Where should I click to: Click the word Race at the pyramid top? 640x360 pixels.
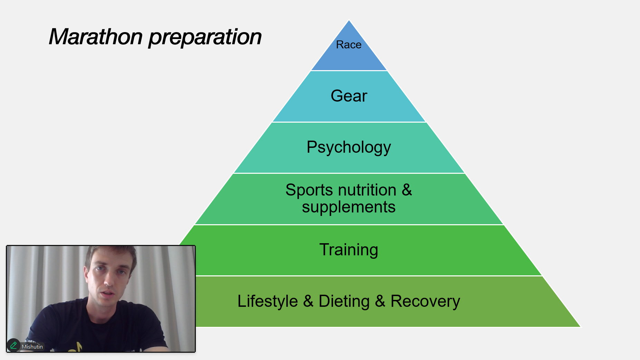348,45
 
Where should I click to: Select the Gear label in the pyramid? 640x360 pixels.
349,96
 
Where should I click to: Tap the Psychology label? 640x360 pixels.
348,148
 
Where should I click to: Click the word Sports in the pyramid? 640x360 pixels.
309,190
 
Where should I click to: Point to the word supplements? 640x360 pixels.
348,207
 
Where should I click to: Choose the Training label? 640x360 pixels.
348,250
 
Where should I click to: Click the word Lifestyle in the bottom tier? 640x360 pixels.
267,301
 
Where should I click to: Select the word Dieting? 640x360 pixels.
344,301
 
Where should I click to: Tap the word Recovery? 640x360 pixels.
425,301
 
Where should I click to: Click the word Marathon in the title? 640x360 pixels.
96,37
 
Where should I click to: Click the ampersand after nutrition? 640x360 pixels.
407,190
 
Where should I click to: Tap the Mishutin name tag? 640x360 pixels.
32,347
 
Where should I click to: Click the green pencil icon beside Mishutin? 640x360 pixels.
13,345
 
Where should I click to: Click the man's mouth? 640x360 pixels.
108,294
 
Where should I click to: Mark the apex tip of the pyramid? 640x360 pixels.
349,20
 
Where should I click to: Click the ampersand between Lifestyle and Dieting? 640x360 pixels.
308,301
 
